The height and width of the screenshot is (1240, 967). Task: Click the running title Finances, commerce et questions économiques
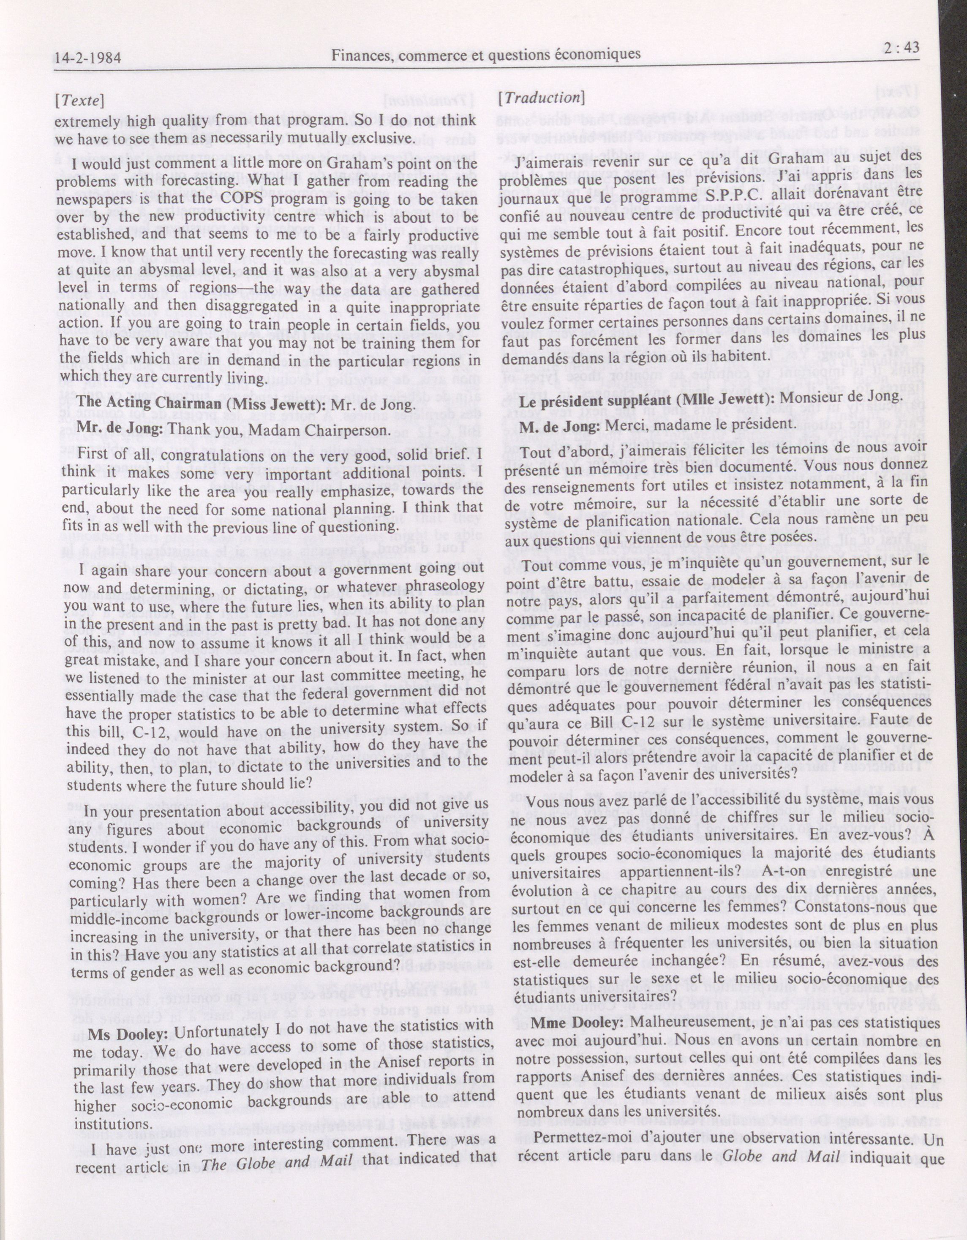[x=486, y=55]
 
